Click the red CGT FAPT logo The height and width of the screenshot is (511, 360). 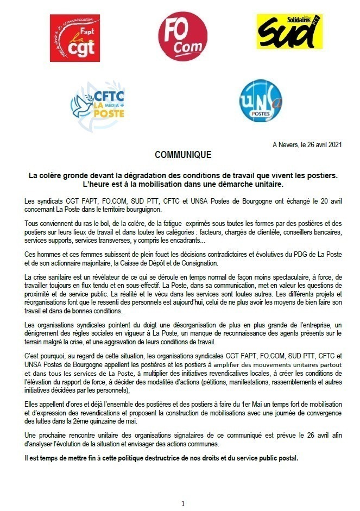(x=75, y=38)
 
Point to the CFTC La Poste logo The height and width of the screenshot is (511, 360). (x=98, y=102)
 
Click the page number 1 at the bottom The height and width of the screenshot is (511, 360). (x=183, y=503)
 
